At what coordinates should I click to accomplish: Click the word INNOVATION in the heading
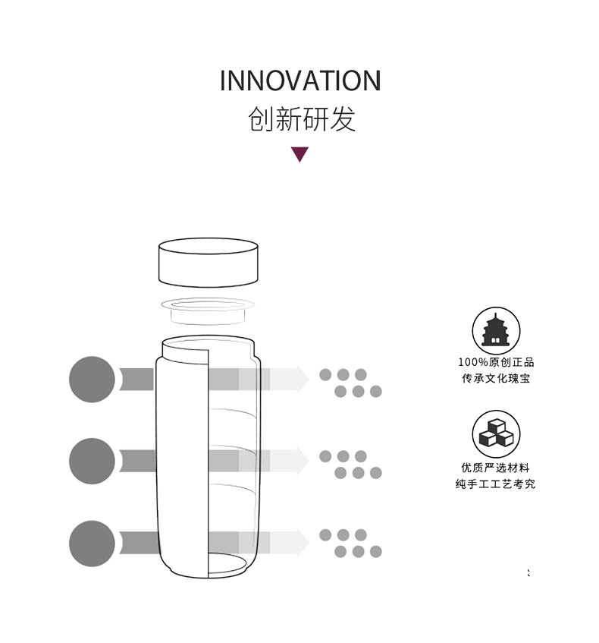[300, 80]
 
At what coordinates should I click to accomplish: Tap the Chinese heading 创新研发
[302, 119]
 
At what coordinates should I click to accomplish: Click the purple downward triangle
[300, 155]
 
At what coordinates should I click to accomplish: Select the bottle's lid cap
[209, 263]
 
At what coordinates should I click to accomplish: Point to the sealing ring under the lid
[208, 310]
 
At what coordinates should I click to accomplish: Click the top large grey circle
[92, 380]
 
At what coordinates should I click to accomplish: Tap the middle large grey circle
[92, 461]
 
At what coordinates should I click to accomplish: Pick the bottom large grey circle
[92, 544]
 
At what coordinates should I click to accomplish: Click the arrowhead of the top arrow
[303, 380]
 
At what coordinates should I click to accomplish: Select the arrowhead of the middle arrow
[303, 461]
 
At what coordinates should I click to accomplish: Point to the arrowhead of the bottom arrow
[303, 543]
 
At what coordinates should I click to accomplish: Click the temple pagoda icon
[496, 331]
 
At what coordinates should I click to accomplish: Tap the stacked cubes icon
[496, 434]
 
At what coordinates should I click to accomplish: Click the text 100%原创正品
[496, 362]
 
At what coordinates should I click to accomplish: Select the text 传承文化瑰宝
[496, 378]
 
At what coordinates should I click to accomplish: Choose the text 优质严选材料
[496, 468]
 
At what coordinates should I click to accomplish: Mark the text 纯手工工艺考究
[496, 484]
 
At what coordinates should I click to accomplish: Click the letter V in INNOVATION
[299, 80]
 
